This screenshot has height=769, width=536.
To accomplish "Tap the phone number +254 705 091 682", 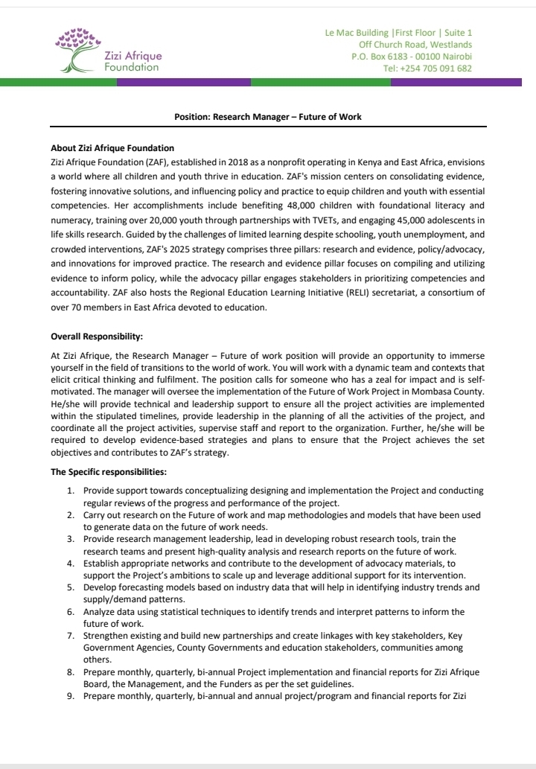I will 427,68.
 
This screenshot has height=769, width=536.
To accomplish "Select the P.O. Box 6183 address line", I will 412,57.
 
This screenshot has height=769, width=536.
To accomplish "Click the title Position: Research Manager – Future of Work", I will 267,117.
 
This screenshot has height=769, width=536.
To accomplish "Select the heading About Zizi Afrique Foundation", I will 112,148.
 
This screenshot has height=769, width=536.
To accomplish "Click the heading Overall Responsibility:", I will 96,336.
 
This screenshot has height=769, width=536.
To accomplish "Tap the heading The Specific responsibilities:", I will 108,471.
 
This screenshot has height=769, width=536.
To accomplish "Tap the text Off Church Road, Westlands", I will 415,45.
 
